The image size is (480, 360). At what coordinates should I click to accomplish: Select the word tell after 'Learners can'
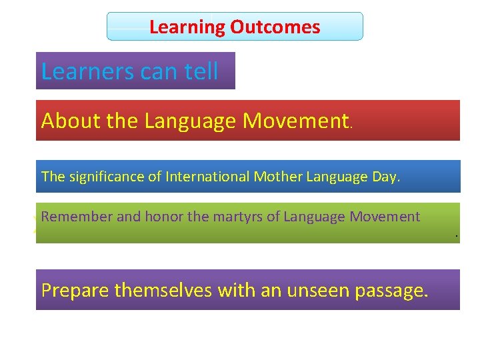(x=201, y=71)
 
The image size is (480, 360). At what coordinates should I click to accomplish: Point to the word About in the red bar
(x=63, y=121)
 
